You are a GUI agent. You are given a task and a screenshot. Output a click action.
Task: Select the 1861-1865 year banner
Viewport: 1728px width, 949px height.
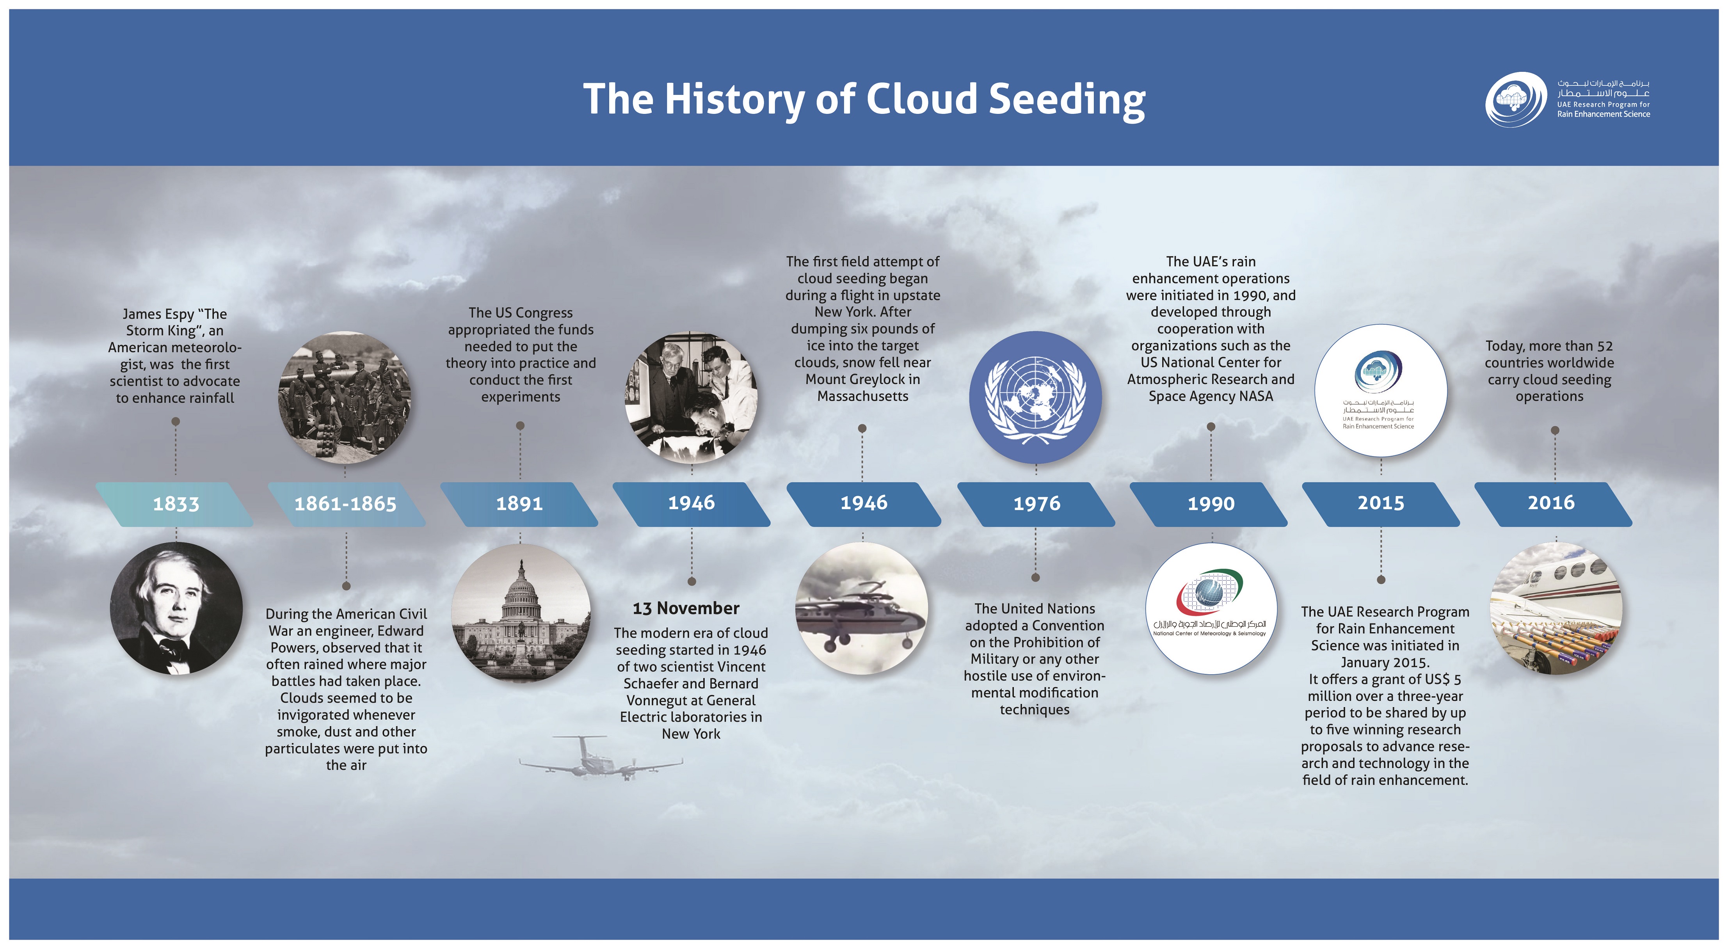[346, 504]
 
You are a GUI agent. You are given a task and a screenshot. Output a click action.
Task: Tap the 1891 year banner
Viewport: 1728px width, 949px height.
[519, 504]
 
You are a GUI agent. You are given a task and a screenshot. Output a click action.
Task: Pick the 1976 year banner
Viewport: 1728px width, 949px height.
[1036, 504]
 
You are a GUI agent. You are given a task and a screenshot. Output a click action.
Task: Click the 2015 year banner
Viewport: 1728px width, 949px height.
[1381, 504]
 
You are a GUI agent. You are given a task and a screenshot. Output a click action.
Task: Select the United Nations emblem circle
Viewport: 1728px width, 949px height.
[1036, 398]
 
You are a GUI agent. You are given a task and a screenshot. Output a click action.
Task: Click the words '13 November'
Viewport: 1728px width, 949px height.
[686, 608]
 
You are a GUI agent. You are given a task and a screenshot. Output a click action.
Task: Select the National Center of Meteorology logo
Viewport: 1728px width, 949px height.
[1210, 608]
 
